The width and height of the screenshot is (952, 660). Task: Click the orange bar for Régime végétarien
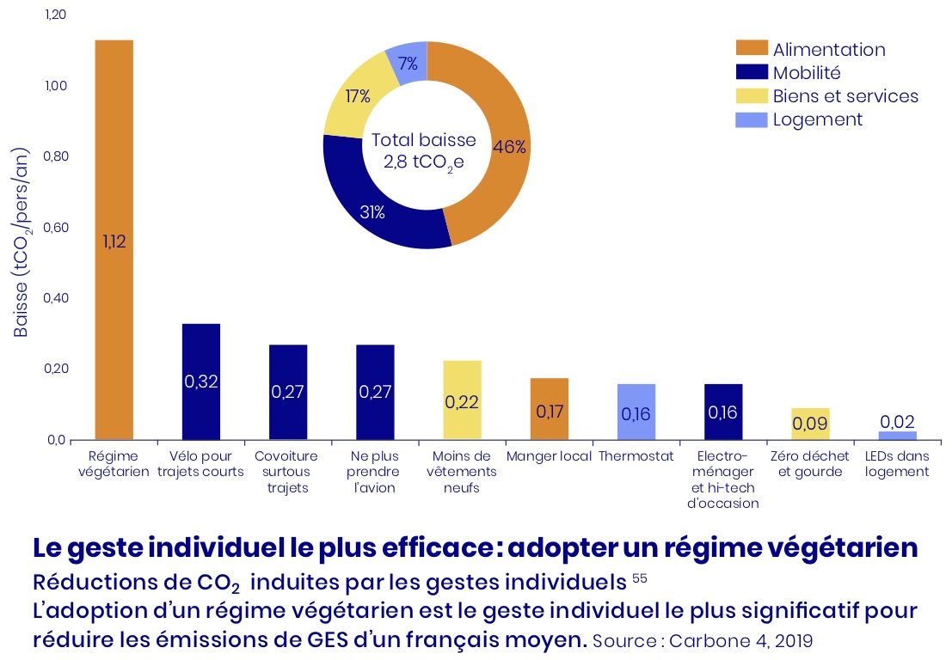click(x=114, y=172)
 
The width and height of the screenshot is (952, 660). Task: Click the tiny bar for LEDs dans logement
click(x=897, y=435)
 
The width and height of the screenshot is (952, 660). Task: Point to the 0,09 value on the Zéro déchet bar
click(x=809, y=424)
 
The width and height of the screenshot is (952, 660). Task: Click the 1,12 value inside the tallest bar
click(x=114, y=241)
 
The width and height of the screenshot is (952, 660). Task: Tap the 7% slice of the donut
click(x=408, y=63)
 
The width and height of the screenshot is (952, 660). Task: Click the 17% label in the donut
click(x=358, y=96)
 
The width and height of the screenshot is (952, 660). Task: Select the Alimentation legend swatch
click(x=750, y=49)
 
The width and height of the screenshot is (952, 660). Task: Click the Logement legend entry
click(x=817, y=119)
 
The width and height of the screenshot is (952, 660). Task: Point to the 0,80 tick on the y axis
click(x=56, y=157)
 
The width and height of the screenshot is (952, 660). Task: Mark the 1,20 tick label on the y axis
click(x=56, y=15)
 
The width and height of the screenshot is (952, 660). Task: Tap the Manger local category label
click(x=549, y=456)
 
